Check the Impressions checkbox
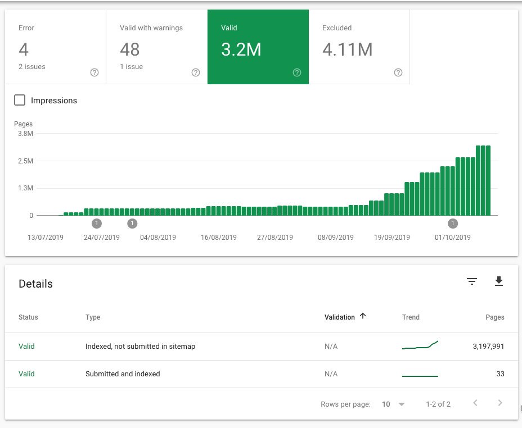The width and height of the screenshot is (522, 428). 20,100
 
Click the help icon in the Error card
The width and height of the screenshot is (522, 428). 94,72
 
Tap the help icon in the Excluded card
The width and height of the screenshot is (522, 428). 398,72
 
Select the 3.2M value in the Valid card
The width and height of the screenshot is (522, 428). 241,49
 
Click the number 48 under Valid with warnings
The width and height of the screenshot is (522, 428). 129,49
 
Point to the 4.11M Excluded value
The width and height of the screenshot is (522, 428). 347,49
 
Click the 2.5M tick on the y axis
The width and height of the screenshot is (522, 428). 26,161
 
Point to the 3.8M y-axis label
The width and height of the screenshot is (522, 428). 26,134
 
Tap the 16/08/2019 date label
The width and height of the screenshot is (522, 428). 219,238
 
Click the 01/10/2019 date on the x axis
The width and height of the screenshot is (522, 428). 453,238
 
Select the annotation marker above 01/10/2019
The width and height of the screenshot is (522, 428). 453,224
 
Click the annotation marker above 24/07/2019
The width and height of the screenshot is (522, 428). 97,224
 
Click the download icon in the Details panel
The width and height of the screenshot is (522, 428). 499,281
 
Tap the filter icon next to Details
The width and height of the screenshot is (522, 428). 472,281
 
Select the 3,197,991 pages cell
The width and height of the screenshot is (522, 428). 488,346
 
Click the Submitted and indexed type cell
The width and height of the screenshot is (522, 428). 123,374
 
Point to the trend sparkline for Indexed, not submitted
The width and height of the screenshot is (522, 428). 420,345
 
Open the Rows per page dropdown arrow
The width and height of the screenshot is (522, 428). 402,404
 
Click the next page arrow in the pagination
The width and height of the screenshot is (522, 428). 500,403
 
